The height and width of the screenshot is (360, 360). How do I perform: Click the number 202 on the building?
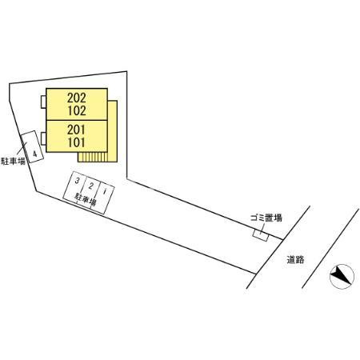[77, 98]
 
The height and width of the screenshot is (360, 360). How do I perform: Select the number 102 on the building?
[77, 110]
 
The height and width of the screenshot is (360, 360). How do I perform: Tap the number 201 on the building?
[77, 130]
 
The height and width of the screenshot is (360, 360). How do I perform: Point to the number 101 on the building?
[77, 142]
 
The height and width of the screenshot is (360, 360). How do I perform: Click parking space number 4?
[32, 146]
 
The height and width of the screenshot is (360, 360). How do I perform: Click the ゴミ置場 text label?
[266, 218]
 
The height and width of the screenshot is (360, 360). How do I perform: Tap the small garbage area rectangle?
[261, 235]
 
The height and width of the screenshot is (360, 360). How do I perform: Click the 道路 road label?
[295, 259]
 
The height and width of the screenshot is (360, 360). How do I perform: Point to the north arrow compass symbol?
[342, 277]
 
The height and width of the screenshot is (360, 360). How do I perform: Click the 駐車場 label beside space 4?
[13, 161]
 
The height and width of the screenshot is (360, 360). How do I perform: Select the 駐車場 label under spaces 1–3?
[86, 198]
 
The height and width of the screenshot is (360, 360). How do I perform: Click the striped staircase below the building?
[93, 157]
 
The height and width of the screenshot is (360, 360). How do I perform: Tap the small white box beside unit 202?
[43, 102]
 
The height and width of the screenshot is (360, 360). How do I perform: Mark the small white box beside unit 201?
[43, 138]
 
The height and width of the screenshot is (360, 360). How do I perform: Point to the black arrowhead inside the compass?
[341, 274]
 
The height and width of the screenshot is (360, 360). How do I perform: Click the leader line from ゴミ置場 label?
[262, 229]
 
